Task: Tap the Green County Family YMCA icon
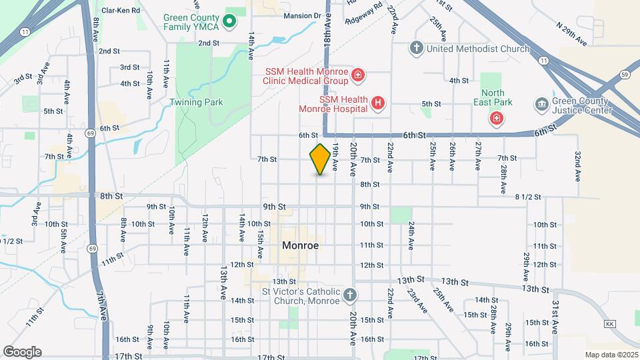(x=229, y=22)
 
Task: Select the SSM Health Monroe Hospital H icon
(x=378, y=103)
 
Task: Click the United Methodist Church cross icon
(x=416, y=49)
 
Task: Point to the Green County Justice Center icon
(x=541, y=104)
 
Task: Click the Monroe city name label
(x=300, y=245)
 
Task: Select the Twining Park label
(x=196, y=102)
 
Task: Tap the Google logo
(x=22, y=352)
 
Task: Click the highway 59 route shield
(x=625, y=75)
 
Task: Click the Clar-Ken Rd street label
(x=121, y=11)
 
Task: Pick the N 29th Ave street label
(x=571, y=34)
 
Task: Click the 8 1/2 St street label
(x=527, y=197)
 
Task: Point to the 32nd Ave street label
(x=578, y=167)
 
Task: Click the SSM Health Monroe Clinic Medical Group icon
(x=358, y=75)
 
